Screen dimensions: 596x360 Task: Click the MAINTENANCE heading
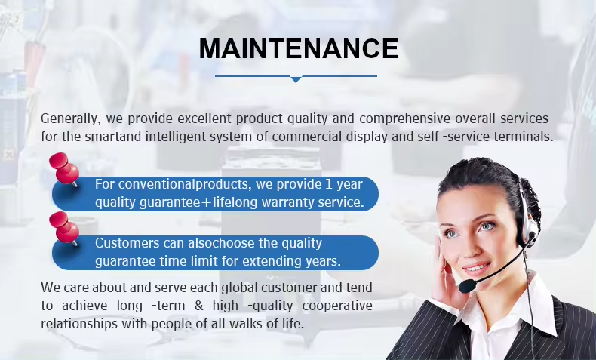point(299,48)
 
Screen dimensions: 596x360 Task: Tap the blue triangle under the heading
point(296,79)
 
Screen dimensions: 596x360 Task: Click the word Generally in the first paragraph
point(71,118)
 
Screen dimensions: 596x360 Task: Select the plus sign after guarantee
point(207,202)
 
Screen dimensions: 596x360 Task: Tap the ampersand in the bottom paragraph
point(199,305)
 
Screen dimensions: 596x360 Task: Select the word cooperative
point(337,306)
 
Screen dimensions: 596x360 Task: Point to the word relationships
point(79,324)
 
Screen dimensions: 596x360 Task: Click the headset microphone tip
point(467,286)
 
